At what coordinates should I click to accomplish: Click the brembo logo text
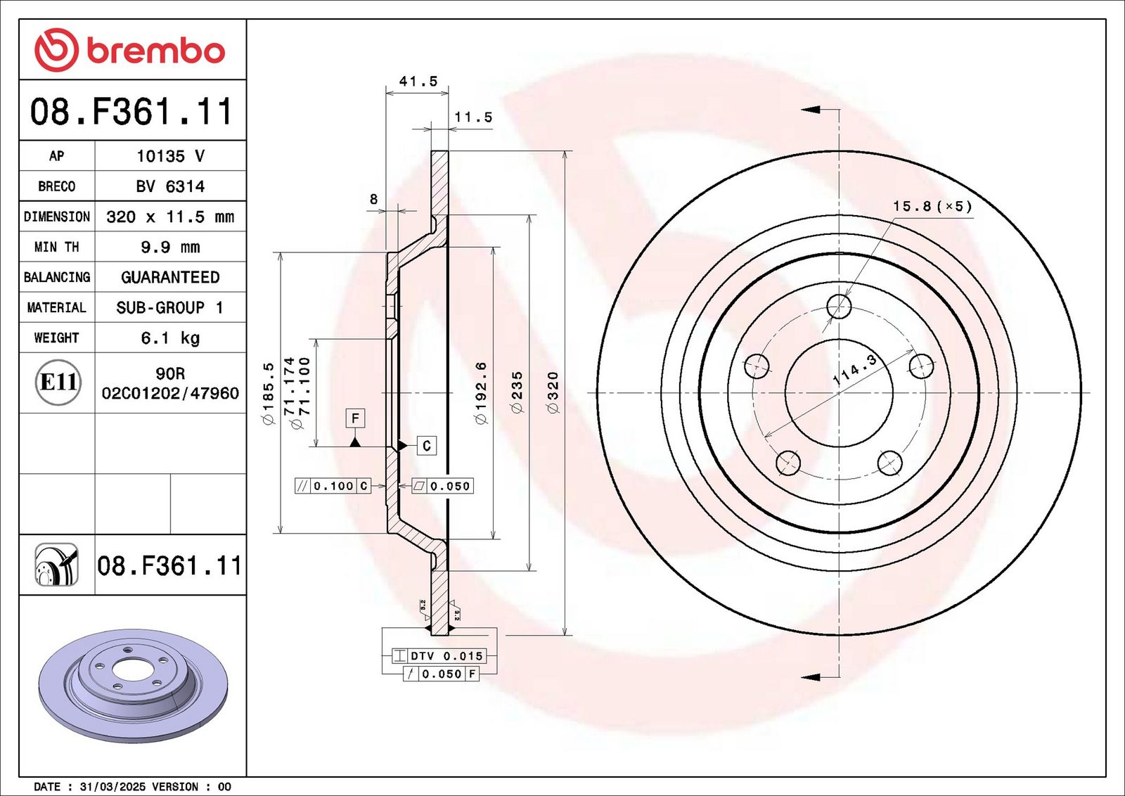(155, 51)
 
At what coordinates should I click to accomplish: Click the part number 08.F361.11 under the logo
(131, 112)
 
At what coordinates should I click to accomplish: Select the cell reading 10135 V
(170, 156)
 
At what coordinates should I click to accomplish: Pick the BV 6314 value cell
(170, 186)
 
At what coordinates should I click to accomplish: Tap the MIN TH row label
(57, 247)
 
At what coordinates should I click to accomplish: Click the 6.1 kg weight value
(170, 338)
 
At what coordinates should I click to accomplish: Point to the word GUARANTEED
(170, 277)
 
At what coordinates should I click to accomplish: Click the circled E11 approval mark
(58, 382)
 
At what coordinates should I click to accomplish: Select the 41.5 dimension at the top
(418, 82)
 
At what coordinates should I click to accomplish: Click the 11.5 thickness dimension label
(473, 117)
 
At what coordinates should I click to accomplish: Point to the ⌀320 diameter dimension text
(553, 392)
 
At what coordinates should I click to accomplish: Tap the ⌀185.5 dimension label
(268, 394)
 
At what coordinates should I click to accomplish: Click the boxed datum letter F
(355, 418)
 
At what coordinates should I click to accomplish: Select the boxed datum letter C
(426, 446)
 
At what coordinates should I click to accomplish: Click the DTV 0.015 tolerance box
(446, 656)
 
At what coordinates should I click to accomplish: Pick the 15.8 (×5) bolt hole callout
(932, 207)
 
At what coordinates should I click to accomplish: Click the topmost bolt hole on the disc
(839, 307)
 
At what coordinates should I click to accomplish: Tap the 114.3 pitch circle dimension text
(854, 369)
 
